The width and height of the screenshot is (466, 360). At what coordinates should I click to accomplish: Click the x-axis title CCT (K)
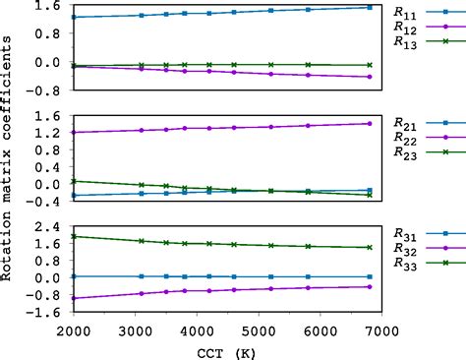(222, 349)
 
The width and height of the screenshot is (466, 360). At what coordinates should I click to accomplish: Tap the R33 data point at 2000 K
(74, 236)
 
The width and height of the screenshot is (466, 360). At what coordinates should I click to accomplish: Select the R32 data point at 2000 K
(74, 298)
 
